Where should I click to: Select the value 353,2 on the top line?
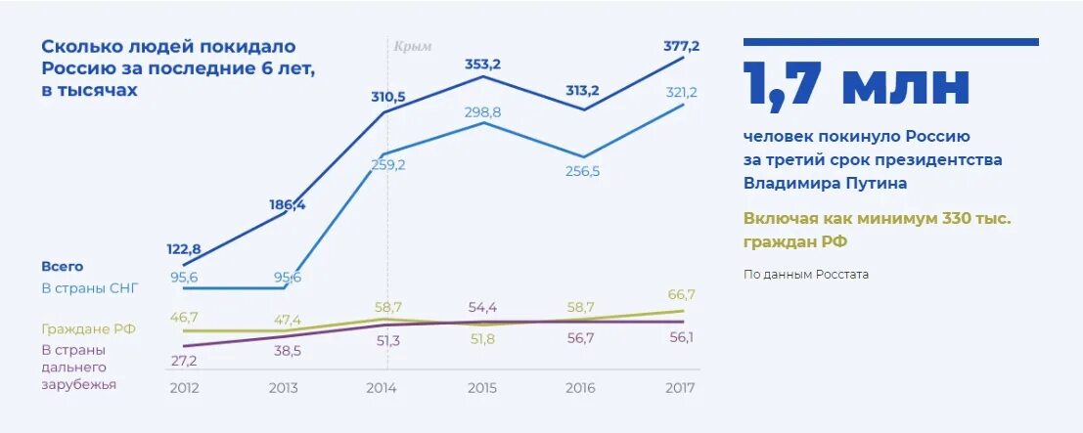click(x=482, y=65)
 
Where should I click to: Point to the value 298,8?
click(x=482, y=112)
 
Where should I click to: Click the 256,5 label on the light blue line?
click(x=582, y=171)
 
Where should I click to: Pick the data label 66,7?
click(x=681, y=294)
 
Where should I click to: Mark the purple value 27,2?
click(x=183, y=361)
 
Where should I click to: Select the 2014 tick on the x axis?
click(x=382, y=388)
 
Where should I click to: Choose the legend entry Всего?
click(x=62, y=266)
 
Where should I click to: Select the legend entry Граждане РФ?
click(x=88, y=329)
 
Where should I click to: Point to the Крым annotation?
click(x=413, y=46)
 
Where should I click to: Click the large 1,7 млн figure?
click(x=856, y=86)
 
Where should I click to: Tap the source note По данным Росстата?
click(x=806, y=275)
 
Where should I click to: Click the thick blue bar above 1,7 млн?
click(x=890, y=42)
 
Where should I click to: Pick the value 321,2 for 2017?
click(x=681, y=92)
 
